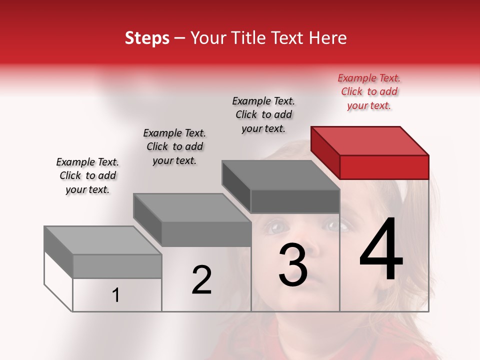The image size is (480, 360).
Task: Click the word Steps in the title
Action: [x=147, y=38]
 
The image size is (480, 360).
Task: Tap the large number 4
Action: [x=381, y=249]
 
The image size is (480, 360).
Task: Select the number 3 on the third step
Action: [x=292, y=265]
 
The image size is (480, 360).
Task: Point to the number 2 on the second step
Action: [x=201, y=280]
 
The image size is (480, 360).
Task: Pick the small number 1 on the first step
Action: [x=116, y=295]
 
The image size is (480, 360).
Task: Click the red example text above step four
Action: [x=369, y=91]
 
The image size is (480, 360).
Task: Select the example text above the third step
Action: [x=263, y=114]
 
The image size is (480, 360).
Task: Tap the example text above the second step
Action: [x=174, y=146]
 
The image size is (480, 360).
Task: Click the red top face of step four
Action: [x=370, y=140]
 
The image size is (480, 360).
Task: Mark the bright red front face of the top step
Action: [x=384, y=167]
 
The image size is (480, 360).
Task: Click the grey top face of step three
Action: [x=281, y=175]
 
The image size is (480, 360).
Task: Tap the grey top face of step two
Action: [x=192, y=207]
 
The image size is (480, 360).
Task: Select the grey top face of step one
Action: [x=103, y=240]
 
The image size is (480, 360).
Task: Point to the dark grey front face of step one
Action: [x=117, y=266]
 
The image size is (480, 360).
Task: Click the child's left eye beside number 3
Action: [x=273, y=227]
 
